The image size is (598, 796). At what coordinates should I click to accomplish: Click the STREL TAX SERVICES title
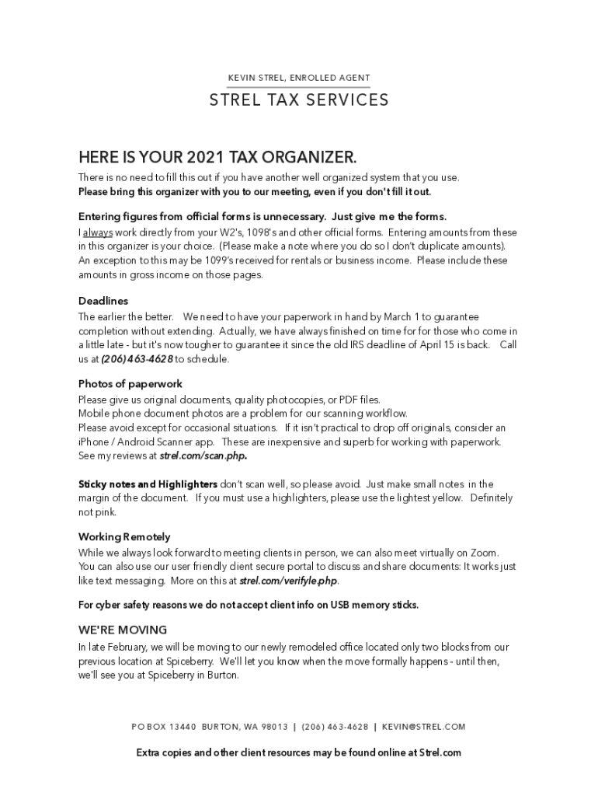[299, 100]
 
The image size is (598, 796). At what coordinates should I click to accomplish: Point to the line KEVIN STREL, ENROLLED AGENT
[299, 79]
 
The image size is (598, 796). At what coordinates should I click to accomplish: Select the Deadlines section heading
[103, 301]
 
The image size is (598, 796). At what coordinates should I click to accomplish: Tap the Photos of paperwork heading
[130, 384]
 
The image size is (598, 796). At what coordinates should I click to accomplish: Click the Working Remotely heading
[124, 537]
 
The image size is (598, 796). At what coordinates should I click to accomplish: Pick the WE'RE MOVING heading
[123, 630]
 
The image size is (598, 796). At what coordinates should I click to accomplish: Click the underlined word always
[99, 233]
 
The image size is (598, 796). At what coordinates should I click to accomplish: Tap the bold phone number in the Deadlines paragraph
[137, 359]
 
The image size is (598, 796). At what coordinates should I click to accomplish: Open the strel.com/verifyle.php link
[288, 581]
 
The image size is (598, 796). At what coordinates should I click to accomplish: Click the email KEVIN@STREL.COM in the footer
[424, 727]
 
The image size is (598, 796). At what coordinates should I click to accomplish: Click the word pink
[106, 512]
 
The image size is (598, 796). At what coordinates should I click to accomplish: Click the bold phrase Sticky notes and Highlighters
[148, 484]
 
